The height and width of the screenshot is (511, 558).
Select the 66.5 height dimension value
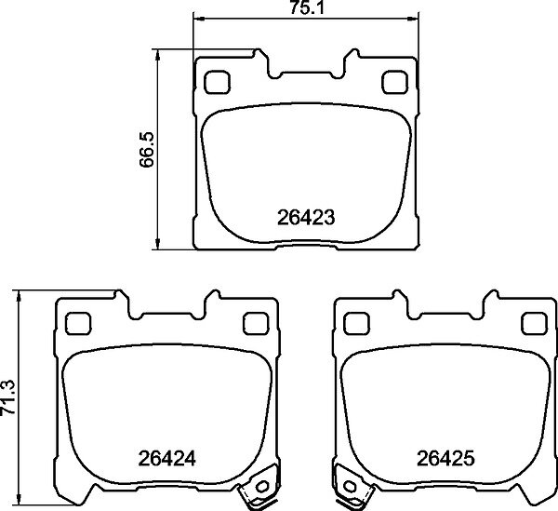(146, 149)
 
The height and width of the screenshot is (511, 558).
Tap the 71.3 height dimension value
(7, 397)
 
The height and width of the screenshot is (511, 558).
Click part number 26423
(306, 217)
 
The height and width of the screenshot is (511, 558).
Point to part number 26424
(166, 459)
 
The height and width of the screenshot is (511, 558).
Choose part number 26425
(445, 458)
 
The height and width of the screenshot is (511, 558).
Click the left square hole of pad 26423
(217, 82)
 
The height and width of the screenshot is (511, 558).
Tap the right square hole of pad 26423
(394, 82)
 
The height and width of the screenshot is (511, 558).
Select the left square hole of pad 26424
(78, 323)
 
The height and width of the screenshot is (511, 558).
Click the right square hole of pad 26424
(256, 323)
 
